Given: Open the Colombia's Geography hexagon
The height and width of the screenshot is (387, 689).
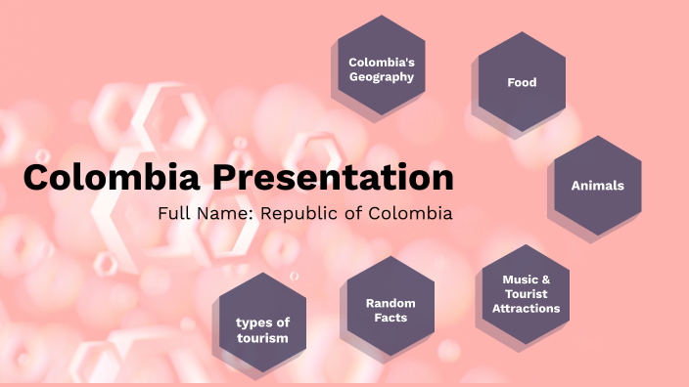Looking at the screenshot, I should pos(382,68).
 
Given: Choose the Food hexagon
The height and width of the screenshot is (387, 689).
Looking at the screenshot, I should pos(522,83).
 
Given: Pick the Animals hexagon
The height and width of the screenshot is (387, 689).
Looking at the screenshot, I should pos(598,185).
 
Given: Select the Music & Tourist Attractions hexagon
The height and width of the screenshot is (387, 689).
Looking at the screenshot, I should pos(526,294).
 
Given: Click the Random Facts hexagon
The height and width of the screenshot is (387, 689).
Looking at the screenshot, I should pos(390,311).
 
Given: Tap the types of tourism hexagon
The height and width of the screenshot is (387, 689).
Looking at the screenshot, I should pos(262,330).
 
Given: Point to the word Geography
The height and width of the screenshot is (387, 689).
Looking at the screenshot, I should pos(382,77).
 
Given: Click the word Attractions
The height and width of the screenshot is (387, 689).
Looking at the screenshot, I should pos(527,309).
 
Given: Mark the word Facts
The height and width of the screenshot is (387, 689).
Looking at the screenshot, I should pos(390,318).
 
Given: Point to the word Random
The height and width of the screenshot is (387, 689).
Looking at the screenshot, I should pos(390,303).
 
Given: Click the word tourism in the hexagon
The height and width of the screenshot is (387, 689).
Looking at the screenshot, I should pos(262,338).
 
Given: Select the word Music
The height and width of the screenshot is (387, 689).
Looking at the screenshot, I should pos(520,279).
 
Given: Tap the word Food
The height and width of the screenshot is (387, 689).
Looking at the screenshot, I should pos(522,83).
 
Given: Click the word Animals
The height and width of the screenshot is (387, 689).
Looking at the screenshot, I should pos(598,185).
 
